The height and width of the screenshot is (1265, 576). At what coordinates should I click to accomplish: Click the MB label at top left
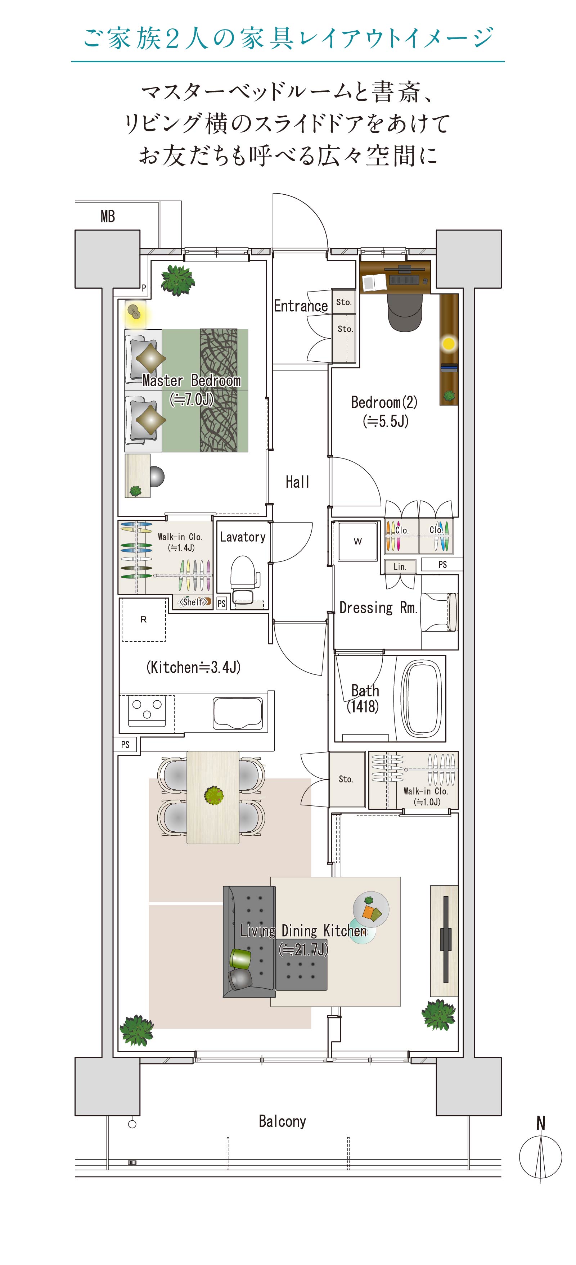coord(108,216)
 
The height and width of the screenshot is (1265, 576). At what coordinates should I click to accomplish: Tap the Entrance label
coord(301,306)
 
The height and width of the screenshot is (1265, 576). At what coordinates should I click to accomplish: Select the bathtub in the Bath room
coord(421,698)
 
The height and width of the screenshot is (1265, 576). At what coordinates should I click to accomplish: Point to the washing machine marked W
coord(357,541)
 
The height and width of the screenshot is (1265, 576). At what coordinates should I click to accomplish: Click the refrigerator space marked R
coord(143,620)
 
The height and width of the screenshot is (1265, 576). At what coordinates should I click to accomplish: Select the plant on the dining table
coord(213,795)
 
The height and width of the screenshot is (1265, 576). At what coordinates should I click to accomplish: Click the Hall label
coord(298,482)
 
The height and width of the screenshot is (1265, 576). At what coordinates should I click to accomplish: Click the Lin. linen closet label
coord(400,567)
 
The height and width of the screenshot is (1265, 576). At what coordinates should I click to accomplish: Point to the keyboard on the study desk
coord(404,280)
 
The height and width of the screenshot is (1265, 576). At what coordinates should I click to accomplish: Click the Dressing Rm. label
coord(379,608)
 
